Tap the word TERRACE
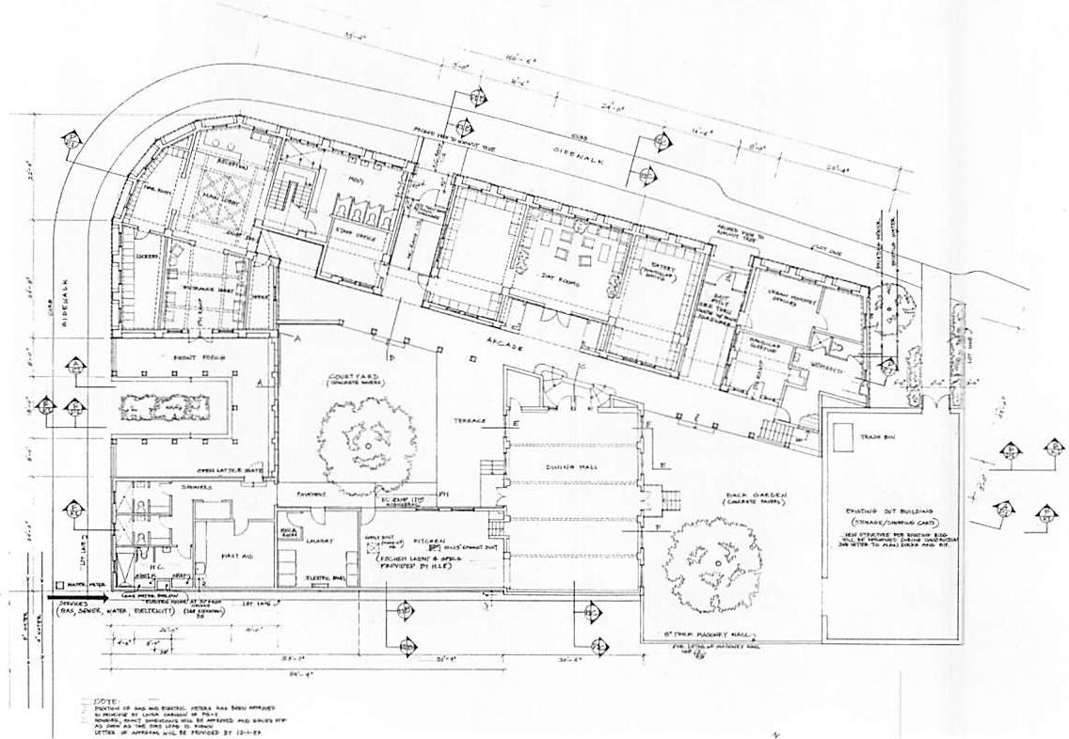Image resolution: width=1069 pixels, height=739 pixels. click(469, 420)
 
